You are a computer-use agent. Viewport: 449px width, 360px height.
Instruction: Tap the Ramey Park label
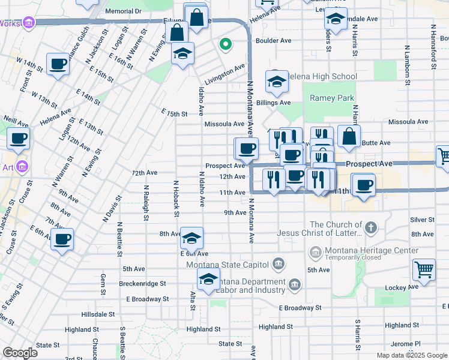[x=332, y=98]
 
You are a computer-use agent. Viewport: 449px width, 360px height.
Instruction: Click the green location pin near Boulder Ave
[x=226, y=44]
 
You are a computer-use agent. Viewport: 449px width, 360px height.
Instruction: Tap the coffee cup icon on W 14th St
[x=58, y=64]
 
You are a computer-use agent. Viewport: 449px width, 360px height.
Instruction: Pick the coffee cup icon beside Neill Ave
[x=18, y=139]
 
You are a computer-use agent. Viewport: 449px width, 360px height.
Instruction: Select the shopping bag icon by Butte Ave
[x=349, y=137]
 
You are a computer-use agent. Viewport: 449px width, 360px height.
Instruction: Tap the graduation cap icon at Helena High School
[x=277, y=83]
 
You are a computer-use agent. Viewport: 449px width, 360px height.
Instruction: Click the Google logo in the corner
[x=20, y=352]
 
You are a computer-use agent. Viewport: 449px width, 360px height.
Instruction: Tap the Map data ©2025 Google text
[x=411, y=355]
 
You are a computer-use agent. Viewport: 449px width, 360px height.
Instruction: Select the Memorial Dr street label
[x=123, y=11]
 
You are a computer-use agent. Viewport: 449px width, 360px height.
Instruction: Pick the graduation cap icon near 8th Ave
[x=191, y=239]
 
